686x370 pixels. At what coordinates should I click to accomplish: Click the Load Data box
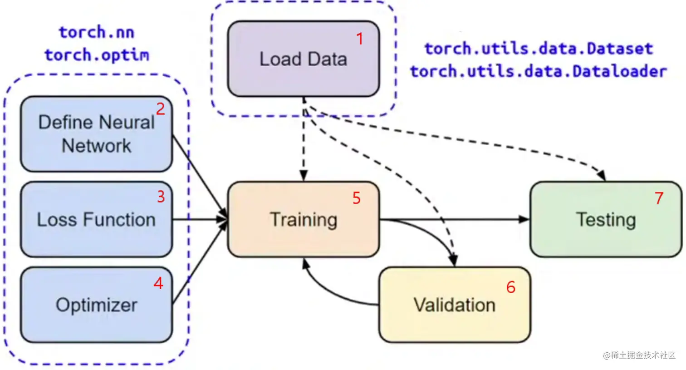pos(303,59)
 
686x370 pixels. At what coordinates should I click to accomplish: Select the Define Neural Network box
pos(96,134)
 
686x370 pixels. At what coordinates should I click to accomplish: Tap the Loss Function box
pos(96,220)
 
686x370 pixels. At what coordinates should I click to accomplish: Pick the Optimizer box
pos(96,305)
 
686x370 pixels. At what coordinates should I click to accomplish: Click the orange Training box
pos(303,220)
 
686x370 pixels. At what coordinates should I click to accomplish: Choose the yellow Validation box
pos(454,305)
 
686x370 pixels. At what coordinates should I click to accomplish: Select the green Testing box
pos(606,220)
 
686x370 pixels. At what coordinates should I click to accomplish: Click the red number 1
pos(360,39)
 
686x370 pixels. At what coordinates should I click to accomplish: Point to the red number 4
pos(158,283)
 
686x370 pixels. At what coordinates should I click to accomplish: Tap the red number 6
pos(511,287)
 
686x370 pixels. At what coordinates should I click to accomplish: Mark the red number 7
pos(659,198)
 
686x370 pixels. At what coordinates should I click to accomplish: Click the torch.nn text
pos(96,33)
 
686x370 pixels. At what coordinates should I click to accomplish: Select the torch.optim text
pos(96,55)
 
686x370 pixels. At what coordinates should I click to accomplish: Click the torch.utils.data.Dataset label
pos(538,49)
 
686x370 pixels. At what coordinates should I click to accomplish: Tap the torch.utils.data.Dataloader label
pos(538,71)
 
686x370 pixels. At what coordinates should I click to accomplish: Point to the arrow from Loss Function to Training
pos(200,220)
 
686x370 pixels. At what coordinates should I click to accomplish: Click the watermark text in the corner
pos(639,355)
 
